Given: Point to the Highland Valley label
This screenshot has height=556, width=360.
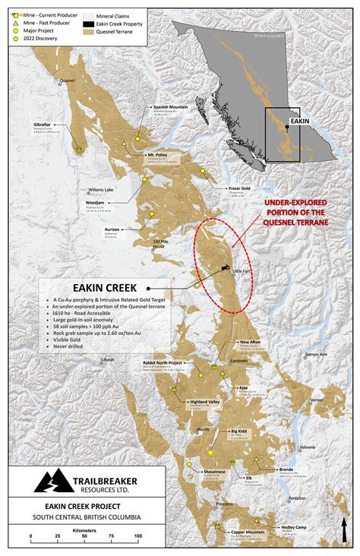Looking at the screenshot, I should tap(204, 401).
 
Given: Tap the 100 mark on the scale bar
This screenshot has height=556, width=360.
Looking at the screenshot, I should tap(138, 536).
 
